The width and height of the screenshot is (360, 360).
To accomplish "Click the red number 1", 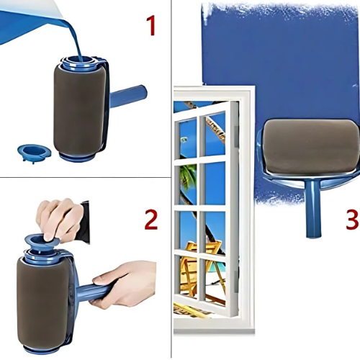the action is [x=151, y=26].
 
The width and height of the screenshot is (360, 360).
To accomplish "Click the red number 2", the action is [x=151, y=220].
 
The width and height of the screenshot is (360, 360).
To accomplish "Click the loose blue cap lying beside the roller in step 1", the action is [x=35, y=153].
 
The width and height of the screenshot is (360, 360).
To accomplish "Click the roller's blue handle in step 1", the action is [x=128, y=96].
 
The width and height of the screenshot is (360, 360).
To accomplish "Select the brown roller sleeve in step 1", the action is [x=80, y=110].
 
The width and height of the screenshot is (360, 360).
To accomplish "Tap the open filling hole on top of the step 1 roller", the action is [x=79, y=60].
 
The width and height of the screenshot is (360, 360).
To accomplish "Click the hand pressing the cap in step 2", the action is [x=59, y=219].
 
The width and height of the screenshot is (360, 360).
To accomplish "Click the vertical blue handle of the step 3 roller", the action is [x=312, y=208].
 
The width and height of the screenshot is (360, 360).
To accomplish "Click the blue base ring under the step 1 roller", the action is [x=77, y=158].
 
